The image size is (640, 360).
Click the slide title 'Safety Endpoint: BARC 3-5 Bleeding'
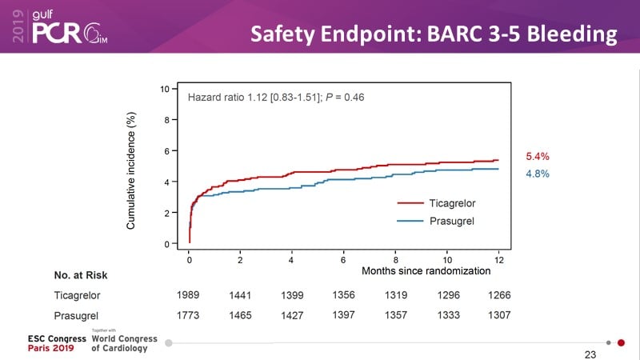click(x=434, y=34)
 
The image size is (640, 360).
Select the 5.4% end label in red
click(x=537, y=156)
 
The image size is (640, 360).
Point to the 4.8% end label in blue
click(x=537, y=174)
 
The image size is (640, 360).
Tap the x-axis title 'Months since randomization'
click(x=426, y=270)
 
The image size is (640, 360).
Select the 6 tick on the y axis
click(x=165, y=151)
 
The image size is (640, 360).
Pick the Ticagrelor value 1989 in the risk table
click(x=189, y=295)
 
